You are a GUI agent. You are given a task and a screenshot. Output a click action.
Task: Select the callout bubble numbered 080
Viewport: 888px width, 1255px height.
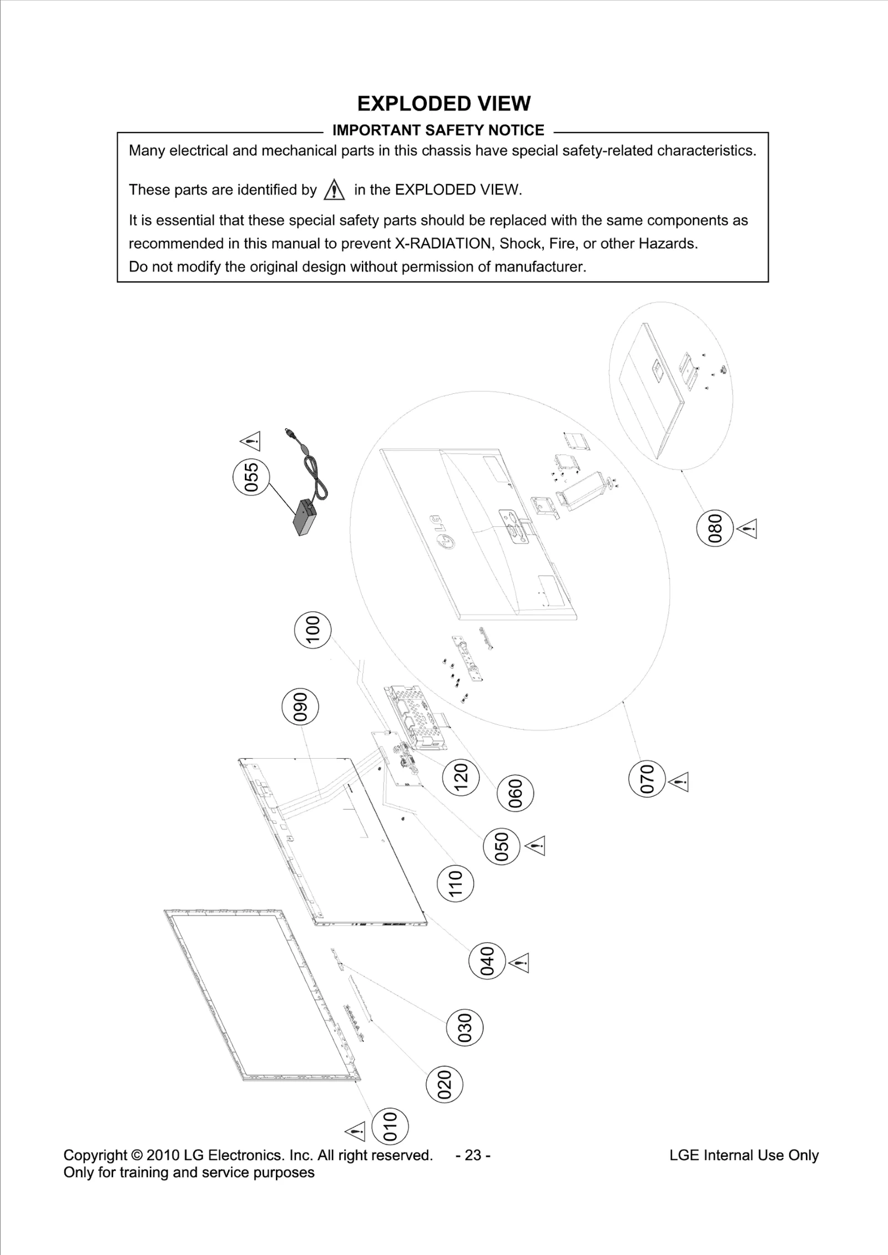pyautogui.click(x=715, y=527)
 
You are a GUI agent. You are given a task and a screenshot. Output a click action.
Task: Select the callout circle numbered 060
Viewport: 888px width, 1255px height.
pyautogui.click(x=516, y=794)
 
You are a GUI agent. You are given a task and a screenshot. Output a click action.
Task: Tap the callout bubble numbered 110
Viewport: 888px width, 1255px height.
pyautogui.click(x=456, y=884)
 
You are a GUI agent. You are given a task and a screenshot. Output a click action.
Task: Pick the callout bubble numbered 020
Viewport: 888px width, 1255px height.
pyautogui.click(x=444, y=1085)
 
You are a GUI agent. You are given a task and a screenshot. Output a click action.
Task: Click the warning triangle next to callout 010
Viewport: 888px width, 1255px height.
pyautogui.click(x=355, y=1131)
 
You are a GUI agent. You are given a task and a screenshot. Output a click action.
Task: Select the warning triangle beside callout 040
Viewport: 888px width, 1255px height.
pyautogui.click(x=518, y=963)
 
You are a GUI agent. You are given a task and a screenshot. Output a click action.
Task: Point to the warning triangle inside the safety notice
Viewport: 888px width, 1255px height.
pyautogui.click(x=334, y=191)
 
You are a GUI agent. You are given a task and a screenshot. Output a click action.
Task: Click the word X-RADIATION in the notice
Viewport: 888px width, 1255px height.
pyautogui.click(x=443, y=243)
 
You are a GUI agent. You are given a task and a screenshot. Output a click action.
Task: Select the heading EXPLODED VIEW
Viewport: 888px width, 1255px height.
pyautogui.click(x=443, y=104)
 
